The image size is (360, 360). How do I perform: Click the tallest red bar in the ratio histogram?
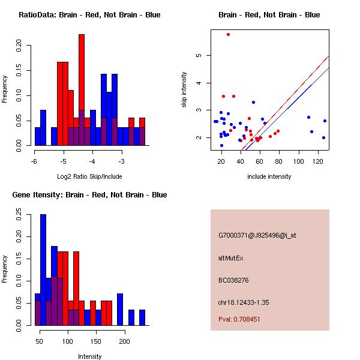coord(82,90)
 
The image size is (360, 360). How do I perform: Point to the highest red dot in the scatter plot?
coord(228,34)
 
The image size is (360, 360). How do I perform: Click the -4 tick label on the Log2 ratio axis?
coord(92,161)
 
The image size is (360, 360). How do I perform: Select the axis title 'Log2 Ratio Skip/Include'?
coord(89,176)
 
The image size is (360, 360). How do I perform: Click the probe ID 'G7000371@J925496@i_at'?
coord(257,235)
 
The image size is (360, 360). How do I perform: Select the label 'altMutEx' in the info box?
coord(231,258)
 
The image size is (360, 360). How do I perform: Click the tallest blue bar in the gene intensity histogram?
coord(43,270)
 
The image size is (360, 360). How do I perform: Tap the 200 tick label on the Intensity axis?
coord(124,341)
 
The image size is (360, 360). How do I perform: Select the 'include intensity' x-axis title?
coord(269,176)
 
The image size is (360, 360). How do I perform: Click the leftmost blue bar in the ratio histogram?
coord(38,136)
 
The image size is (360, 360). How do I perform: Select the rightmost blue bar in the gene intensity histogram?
coord(142,317)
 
